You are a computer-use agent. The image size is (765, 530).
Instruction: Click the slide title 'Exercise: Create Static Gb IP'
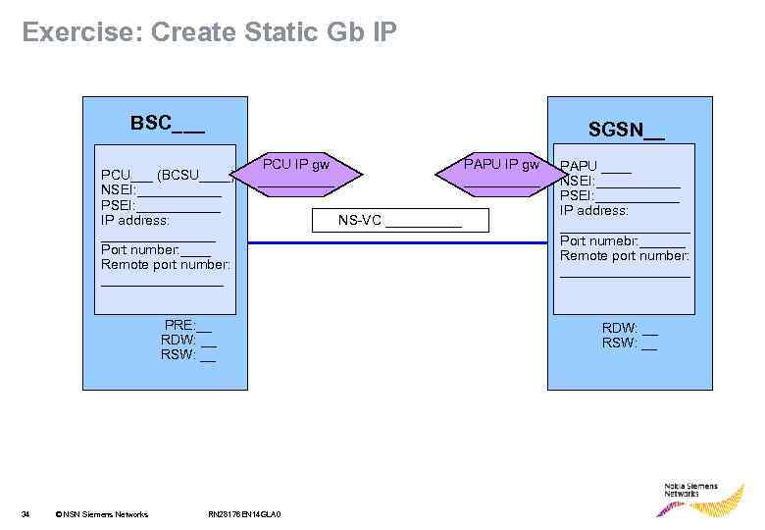209,32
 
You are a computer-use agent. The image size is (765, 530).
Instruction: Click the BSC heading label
168,124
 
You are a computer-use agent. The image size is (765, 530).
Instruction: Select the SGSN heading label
626,130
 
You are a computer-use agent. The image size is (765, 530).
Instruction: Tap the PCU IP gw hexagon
295,174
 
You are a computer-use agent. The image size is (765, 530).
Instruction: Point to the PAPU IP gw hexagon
501,174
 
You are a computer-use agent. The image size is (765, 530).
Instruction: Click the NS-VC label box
399,221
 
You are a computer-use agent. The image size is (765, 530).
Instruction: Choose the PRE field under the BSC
187,325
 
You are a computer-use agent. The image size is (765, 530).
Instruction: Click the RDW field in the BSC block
188,340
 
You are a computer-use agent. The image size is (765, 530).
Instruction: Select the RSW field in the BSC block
188,354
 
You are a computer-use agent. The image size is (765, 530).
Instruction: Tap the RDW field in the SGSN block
630,328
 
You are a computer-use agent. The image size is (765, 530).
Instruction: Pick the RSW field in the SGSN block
630,343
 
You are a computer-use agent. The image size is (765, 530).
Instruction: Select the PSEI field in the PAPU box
619,195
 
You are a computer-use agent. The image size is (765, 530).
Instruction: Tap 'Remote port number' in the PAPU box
625,256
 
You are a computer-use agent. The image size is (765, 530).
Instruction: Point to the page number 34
26,514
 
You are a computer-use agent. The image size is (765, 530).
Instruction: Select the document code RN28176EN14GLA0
245,514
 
